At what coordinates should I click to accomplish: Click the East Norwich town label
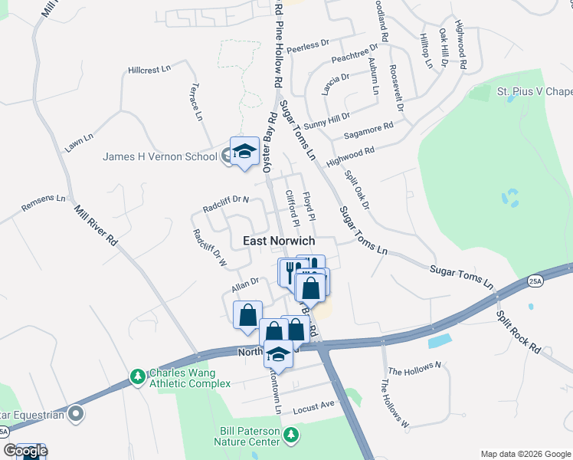(279, 241)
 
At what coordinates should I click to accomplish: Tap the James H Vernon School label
(160, 157)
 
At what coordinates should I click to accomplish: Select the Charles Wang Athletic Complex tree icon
(138, 376)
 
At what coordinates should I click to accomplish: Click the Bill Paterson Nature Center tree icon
(290, 435)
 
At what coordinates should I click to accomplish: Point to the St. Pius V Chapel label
(535, 92)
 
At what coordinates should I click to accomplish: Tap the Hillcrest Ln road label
(149, 70)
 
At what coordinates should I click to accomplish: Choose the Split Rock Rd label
(519, 332)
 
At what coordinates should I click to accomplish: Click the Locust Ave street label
(315, 405)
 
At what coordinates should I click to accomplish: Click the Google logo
(25, 451)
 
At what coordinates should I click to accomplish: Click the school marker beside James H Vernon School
(244, 150)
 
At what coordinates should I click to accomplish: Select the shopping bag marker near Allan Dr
(247, 315)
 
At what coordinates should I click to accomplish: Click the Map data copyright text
(526, 453)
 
